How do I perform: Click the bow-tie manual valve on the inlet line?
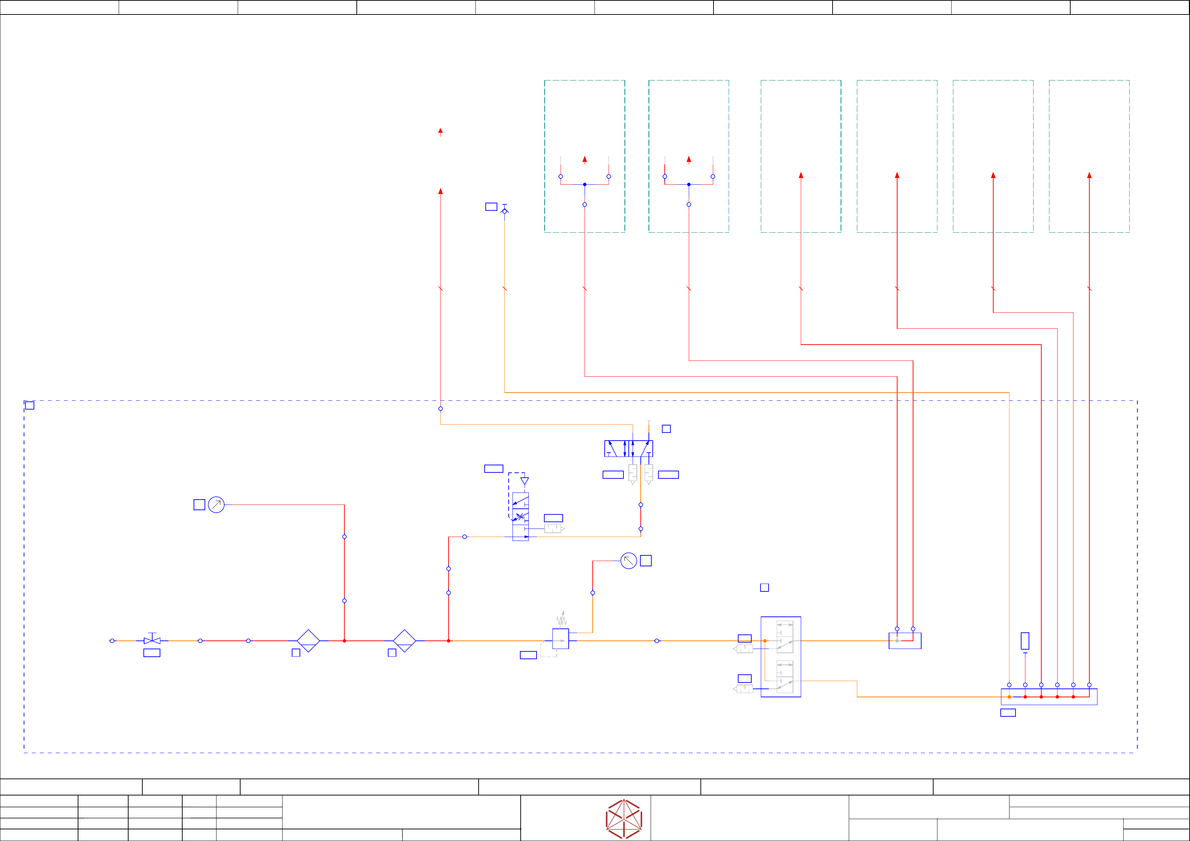tap(152, 640)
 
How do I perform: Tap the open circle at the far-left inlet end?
tap(112, 641)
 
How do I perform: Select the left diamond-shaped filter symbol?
tap(308, 641)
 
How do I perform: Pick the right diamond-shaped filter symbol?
tap(404, 641)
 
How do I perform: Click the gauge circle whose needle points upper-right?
tap(216, 505)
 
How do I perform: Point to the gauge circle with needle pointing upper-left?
tap(629, 561)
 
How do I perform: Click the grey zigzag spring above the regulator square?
tap(562, 619)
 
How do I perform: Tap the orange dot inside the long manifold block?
tap(1009, 697)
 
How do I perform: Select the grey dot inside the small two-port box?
tap(897, 641)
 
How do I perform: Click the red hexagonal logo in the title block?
tap(624, 819)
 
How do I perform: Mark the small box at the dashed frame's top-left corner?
tap(30, 406)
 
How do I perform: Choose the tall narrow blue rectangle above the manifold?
tap(1025, 641)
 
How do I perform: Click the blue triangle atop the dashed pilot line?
tap(525, 481)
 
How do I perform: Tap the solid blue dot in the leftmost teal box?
tap(585, 184)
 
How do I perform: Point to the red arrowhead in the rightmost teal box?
tap(1089, 175)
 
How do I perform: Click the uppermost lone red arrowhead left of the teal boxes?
tap(440, 131)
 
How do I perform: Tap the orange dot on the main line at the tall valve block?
tap(765, 641)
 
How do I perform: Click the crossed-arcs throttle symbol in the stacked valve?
tap(520, 516)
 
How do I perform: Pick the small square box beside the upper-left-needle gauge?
tap(646, 561)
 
